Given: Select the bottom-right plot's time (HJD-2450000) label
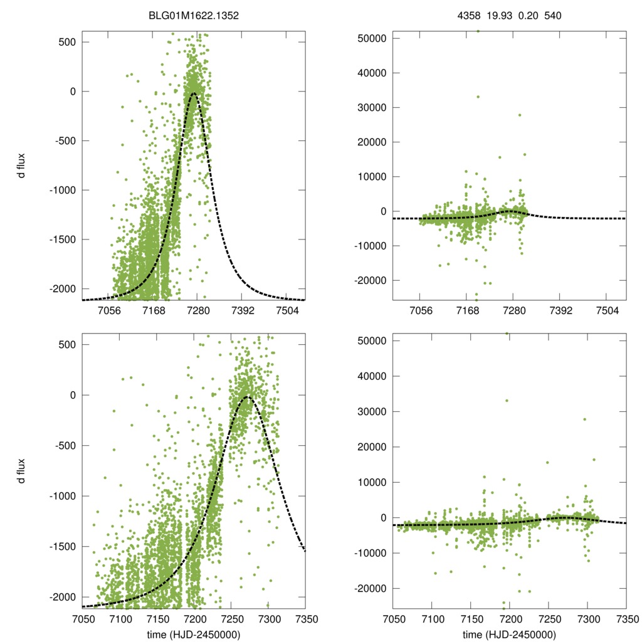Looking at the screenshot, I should [510, 634].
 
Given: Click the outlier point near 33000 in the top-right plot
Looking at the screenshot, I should [478, 97].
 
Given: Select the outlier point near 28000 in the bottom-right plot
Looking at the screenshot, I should [584, 419].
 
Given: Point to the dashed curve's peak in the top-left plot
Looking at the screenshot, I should [194, 93].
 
